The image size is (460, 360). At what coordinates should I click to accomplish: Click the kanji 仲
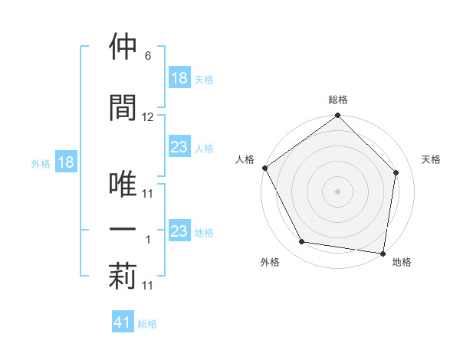click(123, 47)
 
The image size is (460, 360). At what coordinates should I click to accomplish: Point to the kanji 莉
click(123, 277)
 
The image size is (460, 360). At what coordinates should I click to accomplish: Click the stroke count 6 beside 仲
click(147, 57)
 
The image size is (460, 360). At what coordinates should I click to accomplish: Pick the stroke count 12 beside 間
click(148, 117)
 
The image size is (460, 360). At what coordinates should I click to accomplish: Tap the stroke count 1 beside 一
click(148, 240)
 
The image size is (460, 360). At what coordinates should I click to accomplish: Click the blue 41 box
click(123, 322)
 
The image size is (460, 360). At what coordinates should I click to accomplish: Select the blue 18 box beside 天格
click(179, 78)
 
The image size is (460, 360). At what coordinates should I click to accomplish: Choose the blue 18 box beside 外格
click(64, 162)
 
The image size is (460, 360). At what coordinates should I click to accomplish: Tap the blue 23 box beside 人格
click(179, 148)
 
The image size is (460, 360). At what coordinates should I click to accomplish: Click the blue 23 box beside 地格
click(179, 231)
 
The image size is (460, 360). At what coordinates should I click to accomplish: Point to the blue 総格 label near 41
click(147, 324)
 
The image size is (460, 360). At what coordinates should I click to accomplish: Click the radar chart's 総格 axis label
click(338, 100)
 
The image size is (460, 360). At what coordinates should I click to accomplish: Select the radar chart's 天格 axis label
click(432, 159)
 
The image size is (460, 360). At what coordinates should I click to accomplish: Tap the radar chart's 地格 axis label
click(402, 263)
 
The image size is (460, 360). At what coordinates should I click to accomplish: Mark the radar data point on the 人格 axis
click(265, 168)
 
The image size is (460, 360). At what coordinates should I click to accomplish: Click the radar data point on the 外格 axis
click(302, 242)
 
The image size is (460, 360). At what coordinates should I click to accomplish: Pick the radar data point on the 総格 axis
click(338, 116)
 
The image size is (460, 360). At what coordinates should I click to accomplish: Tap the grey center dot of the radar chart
click(338, 191)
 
